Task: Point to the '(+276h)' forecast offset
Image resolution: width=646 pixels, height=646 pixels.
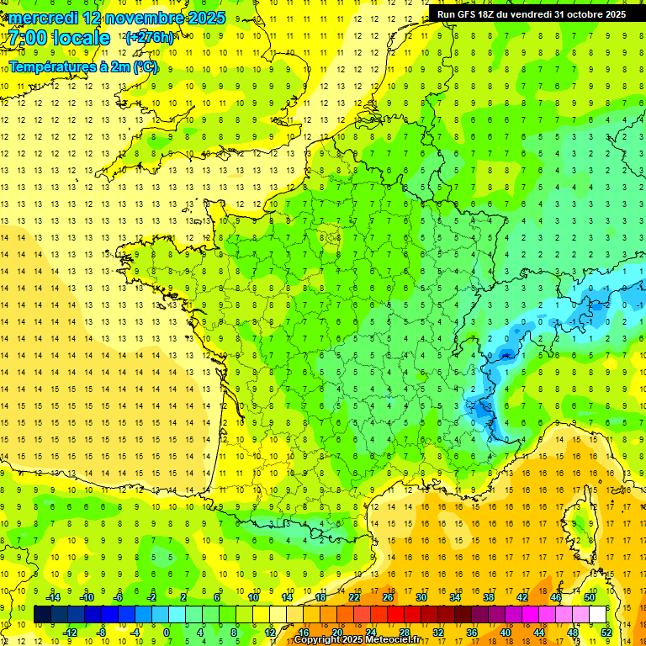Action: pyautogui.click(x=150, y=38)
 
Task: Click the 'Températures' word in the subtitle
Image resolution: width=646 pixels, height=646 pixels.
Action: pyautogui.click(x=51, y=66)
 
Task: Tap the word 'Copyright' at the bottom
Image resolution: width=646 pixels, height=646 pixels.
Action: pyautogui.click(x=319, y=639)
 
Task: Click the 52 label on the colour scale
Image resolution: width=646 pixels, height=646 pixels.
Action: pyautogui.click(x=606, y=632)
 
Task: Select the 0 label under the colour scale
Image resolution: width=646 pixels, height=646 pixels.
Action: pyautogui.click(x=167, y=632)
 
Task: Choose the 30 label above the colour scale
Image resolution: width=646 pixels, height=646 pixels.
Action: pyautogui.click(x=421, y=597)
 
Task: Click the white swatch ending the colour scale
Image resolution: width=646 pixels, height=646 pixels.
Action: pyautogui.click(x=598, y=614)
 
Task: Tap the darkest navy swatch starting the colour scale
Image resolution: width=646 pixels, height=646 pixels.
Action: pyautogui.click(x=42, y=614)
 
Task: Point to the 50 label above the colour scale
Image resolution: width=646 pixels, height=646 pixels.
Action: pyautogui.click(x=589, y=597)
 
